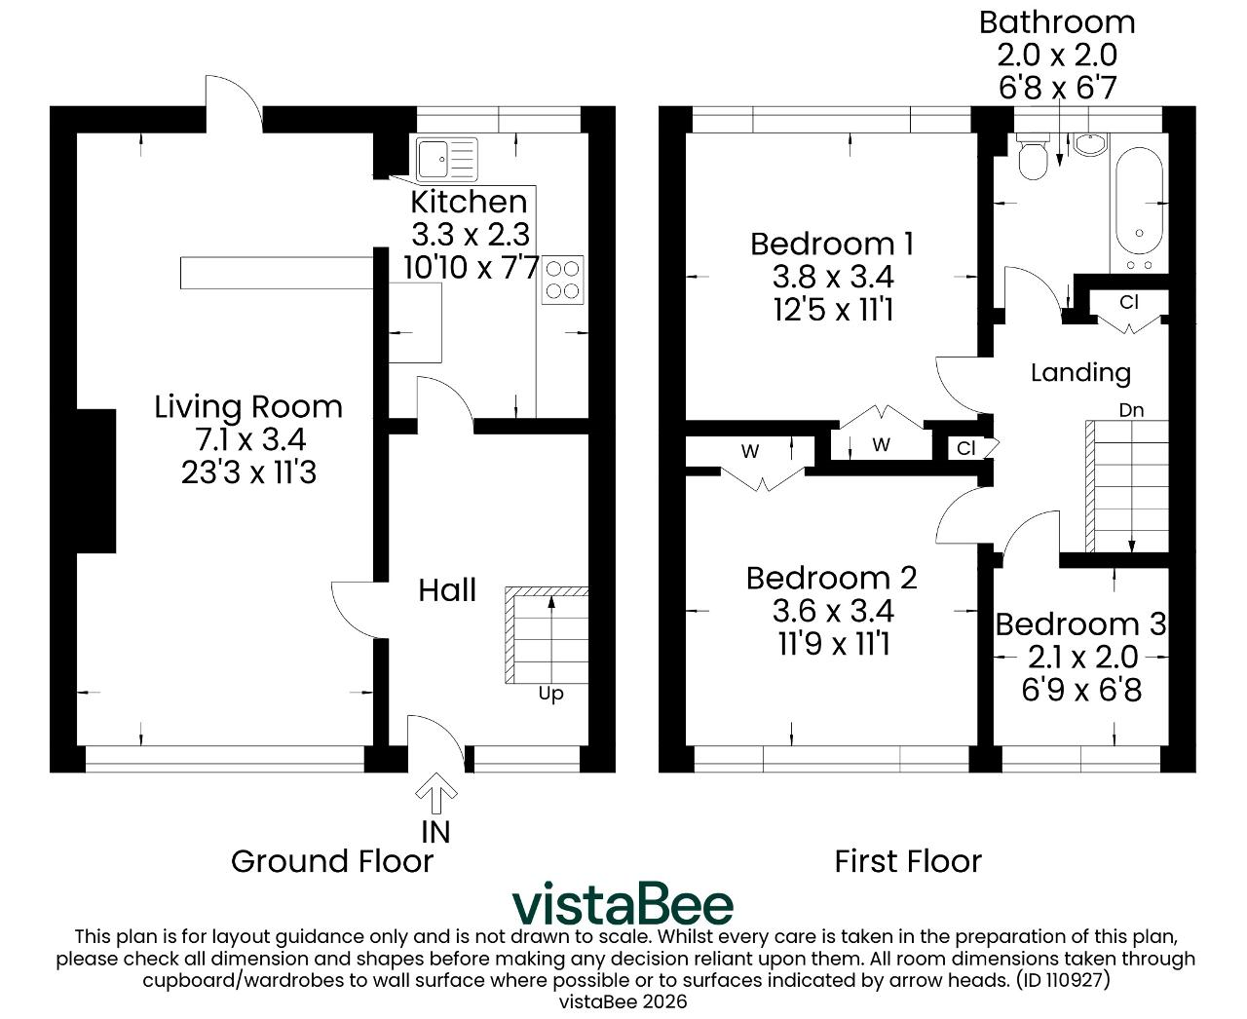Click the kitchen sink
(446, 159)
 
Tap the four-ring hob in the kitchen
(562, 280)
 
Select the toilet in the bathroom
(1033, 156)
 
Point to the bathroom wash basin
(1090, 144)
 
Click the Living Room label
(248, 407)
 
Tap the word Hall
(447, 589)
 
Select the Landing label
(1080, 372)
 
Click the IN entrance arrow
(436, 792)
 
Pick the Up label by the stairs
(550, 693)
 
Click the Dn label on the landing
(1131, 410)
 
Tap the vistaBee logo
(623, 903)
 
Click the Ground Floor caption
(332, 861)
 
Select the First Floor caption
(908, 861)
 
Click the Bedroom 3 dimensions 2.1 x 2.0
(1082, 657)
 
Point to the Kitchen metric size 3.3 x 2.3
(471, 234)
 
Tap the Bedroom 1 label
(832, 244)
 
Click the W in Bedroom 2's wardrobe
(750, 451)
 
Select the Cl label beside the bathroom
(1129, 302)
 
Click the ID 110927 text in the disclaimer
(1063, 979)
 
